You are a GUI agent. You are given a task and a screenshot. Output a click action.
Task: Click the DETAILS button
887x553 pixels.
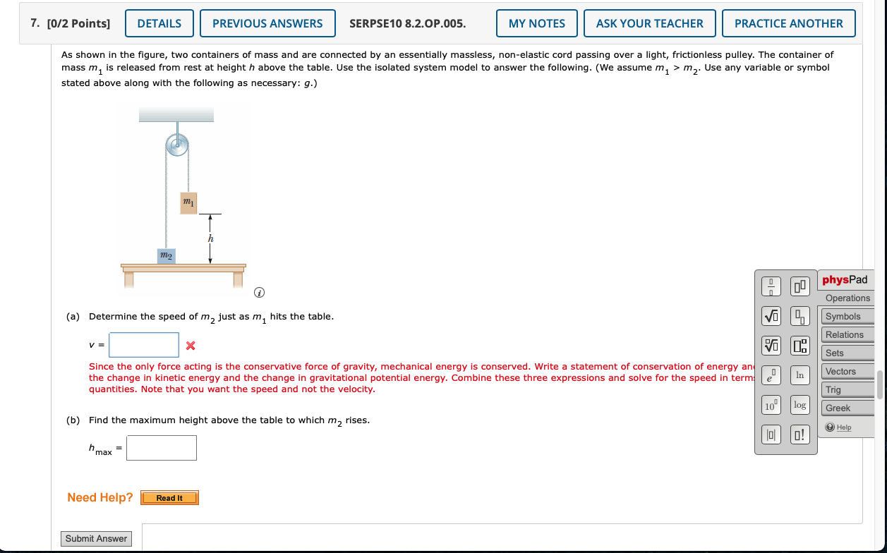tap(159, 23)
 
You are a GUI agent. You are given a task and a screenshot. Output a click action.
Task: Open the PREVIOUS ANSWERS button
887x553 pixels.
tap(267, 23)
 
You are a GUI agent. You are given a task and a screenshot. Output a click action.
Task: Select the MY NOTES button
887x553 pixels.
tap(536, 23)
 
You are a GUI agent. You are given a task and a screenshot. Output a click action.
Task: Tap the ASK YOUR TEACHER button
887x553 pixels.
tap(649, 23)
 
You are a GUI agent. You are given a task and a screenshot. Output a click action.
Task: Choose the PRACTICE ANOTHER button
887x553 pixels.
tap(788, 23)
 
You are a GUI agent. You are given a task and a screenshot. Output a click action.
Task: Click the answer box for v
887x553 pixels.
tap(144, 345)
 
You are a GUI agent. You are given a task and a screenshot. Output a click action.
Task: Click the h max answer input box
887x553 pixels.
tap(162, 448)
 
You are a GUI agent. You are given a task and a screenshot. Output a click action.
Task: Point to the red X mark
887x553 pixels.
tap(190, 346)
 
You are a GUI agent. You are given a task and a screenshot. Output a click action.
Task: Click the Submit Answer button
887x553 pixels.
tap(97, 539)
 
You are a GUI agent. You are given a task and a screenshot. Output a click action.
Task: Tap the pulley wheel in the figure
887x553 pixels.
tap(177, 147)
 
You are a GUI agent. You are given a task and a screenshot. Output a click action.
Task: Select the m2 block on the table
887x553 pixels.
tap(165, 255)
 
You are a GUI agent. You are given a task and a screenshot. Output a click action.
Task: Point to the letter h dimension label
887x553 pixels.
tap(210, 239)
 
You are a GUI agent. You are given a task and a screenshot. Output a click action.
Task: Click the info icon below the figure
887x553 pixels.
tap(260, 292)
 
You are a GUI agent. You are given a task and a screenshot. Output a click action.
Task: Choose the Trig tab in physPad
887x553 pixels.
tap(833, 389)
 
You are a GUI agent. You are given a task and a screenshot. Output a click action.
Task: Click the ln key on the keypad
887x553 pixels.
tap(799, 375)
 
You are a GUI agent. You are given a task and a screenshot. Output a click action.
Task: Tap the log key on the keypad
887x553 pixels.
tap(799, 405)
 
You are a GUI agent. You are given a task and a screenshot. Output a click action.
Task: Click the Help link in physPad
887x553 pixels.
tap(843, 427)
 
